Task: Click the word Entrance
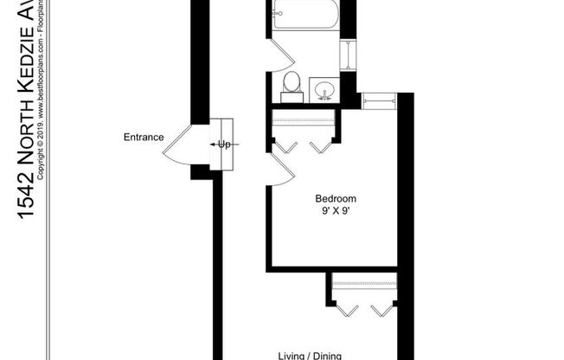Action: click(x=143, y=137)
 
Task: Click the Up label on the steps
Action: click(x=223, y=145)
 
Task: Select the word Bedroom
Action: click(x=335, y=198)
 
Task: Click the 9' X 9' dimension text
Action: click(x=335, y=210)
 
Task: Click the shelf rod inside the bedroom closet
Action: click(x=303, y=120)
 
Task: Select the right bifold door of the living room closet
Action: click(x=381, y=309)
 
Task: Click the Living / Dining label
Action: click(x=311, y=355)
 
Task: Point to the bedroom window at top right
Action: click(x=379, y=100)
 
